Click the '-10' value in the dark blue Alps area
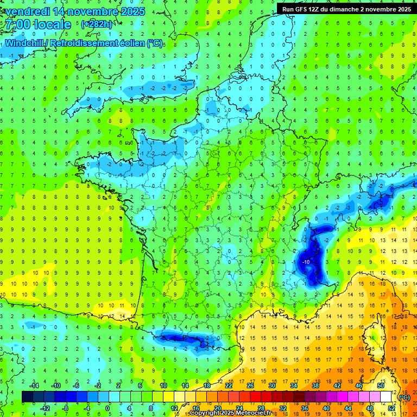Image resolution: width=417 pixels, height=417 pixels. (x=306, y=262)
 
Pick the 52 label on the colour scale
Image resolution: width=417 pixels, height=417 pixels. (x=391, y=408)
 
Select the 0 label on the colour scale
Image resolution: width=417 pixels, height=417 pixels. (x=108, y=408)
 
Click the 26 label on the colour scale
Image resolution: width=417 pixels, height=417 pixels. (x=251, y=386)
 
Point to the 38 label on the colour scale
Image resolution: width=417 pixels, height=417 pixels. (x=315, y=386)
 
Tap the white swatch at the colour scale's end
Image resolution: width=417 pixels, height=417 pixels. (x=386, y=397)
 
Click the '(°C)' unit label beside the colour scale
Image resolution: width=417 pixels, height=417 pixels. (x=405, y=397)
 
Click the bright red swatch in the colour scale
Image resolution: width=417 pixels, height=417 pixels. (x=256, y=397)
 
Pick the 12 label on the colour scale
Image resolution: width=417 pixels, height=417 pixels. (x=174, y=408)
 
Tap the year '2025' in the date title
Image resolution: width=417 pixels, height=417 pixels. (x=133, y=11)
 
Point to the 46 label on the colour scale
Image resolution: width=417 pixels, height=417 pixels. (x=359, y=386)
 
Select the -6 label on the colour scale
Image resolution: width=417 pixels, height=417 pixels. (x=76, y=386)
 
